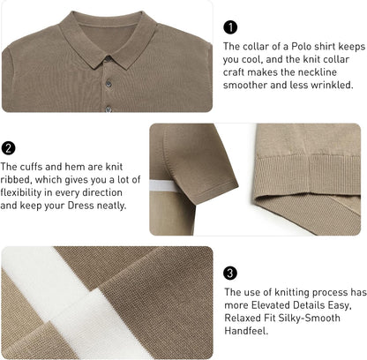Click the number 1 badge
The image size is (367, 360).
(230, 27)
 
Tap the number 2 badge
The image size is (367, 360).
(8, 148)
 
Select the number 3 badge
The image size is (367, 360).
(230, 273)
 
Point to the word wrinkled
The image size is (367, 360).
(332, 86)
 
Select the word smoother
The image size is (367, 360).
(248, 86)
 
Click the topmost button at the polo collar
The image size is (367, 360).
(108, 60)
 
